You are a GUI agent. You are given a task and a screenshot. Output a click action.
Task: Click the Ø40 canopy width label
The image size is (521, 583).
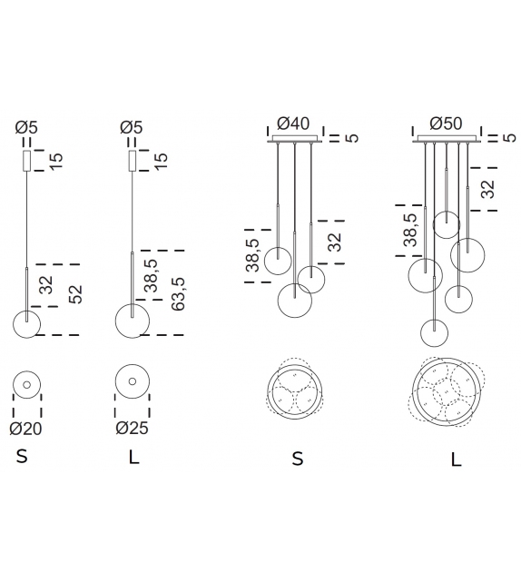293,124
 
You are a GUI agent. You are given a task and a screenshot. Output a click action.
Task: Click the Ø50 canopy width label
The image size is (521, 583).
446,124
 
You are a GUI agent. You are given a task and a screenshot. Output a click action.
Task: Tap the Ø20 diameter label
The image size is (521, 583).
25,429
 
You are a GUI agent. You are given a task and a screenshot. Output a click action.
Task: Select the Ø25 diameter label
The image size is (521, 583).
132,428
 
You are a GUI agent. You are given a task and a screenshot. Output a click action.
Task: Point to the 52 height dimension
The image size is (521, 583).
76,294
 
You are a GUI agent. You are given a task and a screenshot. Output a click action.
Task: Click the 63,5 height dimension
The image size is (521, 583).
178,293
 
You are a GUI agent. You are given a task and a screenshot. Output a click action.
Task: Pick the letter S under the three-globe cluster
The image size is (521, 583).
298,459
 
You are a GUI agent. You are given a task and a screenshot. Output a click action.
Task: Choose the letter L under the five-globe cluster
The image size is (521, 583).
456,460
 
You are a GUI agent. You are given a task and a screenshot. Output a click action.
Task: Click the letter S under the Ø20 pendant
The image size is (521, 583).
22,456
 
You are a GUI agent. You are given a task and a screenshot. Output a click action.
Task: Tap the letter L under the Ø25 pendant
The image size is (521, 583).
133,457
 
